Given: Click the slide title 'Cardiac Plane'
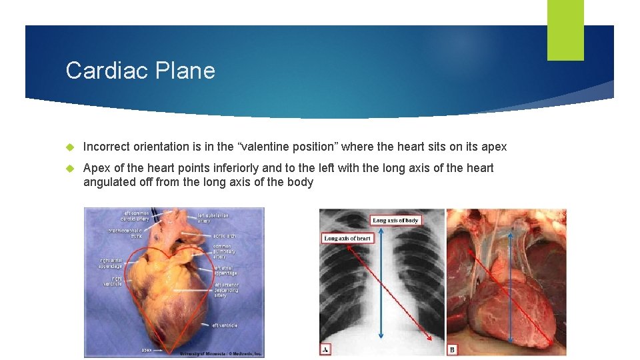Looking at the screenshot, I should pos(140,70).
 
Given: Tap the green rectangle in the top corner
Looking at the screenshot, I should pos(565,30).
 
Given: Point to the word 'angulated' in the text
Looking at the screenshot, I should pos(108,182).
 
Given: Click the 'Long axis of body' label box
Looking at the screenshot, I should pos(396,220).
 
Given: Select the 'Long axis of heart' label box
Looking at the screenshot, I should pos(347,238).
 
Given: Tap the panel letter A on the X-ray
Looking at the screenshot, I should pos(325,349).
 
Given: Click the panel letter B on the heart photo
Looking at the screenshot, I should pos(453,349).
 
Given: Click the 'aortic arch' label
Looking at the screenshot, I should pos(225,236).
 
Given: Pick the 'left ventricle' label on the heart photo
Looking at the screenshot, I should pos(225,325).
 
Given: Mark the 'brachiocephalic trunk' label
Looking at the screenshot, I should pos(125,233).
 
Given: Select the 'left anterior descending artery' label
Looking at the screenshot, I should pos(227,290).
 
